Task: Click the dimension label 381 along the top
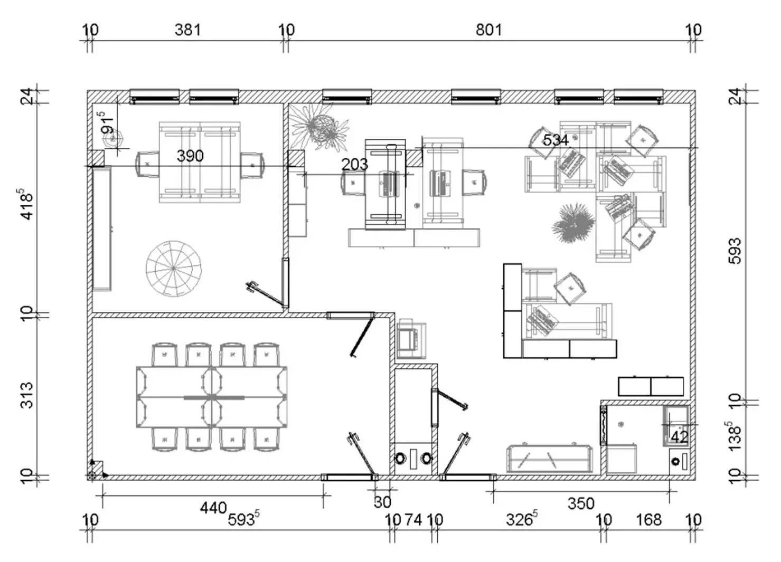point(188,30)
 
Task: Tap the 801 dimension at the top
point(489,30)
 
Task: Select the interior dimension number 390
point(190,156)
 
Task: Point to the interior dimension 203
point(354,165)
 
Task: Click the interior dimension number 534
point(556,140)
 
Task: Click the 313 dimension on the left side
point(27,395)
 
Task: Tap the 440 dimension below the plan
point(213,508)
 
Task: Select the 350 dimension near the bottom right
point(581,504)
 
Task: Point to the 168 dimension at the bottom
point(648,520)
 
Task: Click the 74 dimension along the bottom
point(413,520)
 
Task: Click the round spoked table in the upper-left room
point(174,268)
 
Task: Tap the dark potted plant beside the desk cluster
point(573,223)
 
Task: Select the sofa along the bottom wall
point(550,458)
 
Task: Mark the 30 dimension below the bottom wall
point(382,502)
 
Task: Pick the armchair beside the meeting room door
point(411,339)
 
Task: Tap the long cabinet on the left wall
point(102,228)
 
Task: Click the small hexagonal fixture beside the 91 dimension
point(113,139)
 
